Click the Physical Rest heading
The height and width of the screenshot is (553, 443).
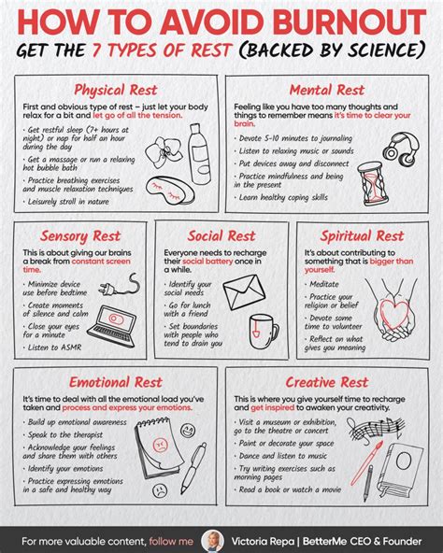click(x=114, y=91)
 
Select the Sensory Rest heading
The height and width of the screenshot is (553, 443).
click(x=79, y=235)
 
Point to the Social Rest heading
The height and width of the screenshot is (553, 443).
click(x=222, y=235)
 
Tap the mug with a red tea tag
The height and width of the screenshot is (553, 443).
click(x=263, y=332)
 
